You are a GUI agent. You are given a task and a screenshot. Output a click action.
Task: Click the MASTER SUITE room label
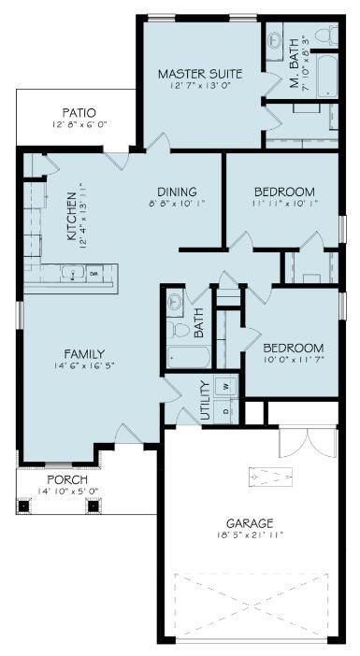(x=200, y=74)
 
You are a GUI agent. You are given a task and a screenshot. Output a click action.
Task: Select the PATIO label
(x=71, y=110)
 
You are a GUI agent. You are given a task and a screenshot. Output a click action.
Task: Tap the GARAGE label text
(x=249, y=523)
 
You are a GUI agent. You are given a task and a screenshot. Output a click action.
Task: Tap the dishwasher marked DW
(x=94, y=274)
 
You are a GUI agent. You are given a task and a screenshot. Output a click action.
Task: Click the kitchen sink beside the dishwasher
(x=71, y=274)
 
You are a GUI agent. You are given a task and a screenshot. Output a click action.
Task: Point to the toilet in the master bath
(x=325, y=35)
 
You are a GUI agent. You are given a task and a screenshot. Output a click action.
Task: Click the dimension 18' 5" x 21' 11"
(x=249, y=535)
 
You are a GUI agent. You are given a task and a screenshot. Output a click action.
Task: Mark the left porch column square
(x=24, y=506)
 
